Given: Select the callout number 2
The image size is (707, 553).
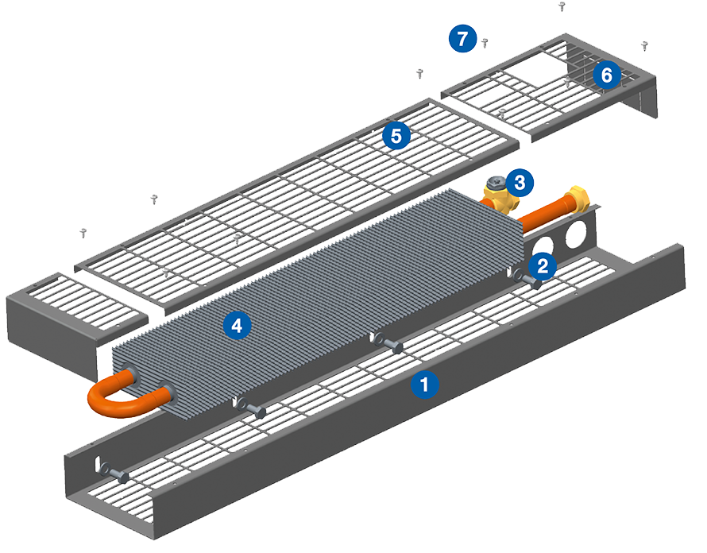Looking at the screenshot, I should [542, 265].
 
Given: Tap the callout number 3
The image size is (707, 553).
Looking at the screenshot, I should [519, 182].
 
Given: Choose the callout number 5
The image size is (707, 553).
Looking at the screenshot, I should [395, 136].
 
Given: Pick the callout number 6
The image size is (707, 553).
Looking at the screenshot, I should [606, 75].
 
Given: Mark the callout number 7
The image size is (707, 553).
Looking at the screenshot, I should [462, 37].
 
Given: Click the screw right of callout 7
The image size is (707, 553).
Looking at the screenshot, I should [485, 42].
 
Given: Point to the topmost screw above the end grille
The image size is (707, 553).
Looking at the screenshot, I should [562, 6].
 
